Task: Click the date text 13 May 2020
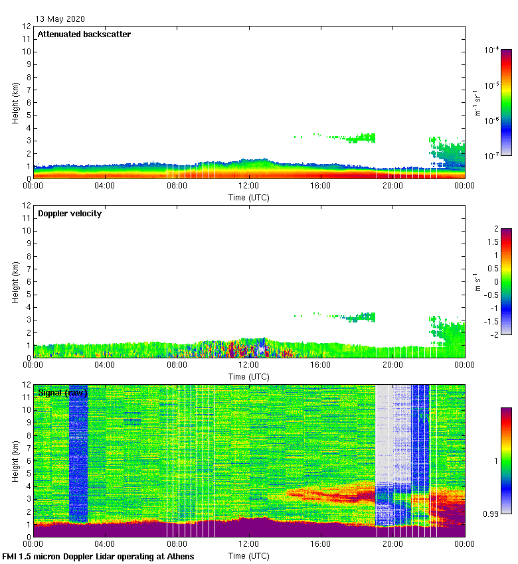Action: (60, 19)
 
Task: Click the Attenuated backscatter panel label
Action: (84, 35)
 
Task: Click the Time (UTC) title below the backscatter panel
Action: (249, 197)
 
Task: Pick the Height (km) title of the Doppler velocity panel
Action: (15, 282)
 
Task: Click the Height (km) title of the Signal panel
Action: (15, 461)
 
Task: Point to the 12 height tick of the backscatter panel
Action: (27, 27)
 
